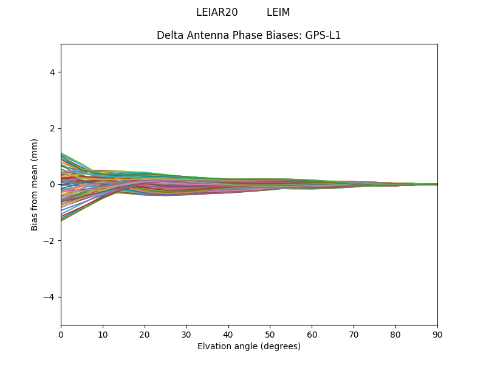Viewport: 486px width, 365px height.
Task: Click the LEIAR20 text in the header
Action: point(217,12)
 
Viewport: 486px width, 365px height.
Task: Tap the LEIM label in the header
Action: point(278,12)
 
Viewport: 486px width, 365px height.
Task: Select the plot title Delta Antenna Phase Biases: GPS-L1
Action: point(248,35)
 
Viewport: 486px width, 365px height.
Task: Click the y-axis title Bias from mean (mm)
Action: point(35,184)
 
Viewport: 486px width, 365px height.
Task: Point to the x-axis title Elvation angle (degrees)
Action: point(248,346)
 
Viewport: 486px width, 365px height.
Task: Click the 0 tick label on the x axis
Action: point(61,334)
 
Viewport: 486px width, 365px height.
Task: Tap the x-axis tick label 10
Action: point(103,334)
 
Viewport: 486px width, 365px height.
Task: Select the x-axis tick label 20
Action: point(145,334)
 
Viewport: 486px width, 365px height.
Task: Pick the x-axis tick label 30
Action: point(187,334)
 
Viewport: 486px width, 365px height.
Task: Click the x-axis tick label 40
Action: point(228,334)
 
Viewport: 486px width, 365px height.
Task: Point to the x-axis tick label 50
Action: point(270,334)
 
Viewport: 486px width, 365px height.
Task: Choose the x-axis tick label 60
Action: point(312,334)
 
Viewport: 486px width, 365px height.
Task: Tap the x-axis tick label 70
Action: point(354,334)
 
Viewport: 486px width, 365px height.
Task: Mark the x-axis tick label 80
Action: point(395,334)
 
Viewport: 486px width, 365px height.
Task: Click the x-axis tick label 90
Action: point(437,334)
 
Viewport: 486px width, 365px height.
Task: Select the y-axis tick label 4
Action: point(52,72)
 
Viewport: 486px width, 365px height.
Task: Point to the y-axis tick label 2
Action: point(52,128)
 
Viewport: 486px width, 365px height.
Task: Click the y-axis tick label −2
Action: point(49,241)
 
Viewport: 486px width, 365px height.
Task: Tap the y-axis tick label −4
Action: point(49,297)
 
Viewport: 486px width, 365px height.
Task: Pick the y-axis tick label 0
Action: point(52,184)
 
